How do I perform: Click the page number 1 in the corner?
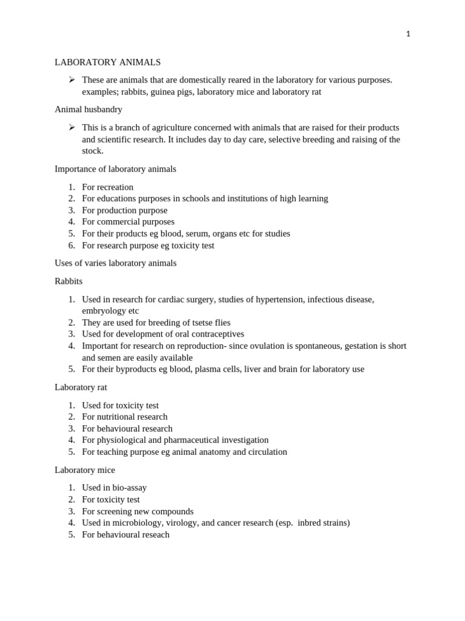(408, 34)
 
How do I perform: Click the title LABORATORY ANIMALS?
(108, 62)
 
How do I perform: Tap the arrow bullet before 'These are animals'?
(71, 79)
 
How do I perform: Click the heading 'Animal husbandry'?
(88, 110)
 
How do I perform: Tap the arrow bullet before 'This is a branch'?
(71, 127)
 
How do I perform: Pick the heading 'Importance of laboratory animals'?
(115, 169)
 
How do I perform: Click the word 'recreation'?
(115, 187)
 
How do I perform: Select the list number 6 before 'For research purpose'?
(71, 246)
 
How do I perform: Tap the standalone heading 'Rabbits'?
(68, 281)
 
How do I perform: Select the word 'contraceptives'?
(215, 334)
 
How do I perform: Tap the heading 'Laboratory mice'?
(85, 470)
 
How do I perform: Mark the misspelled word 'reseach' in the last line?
(154, 535)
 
